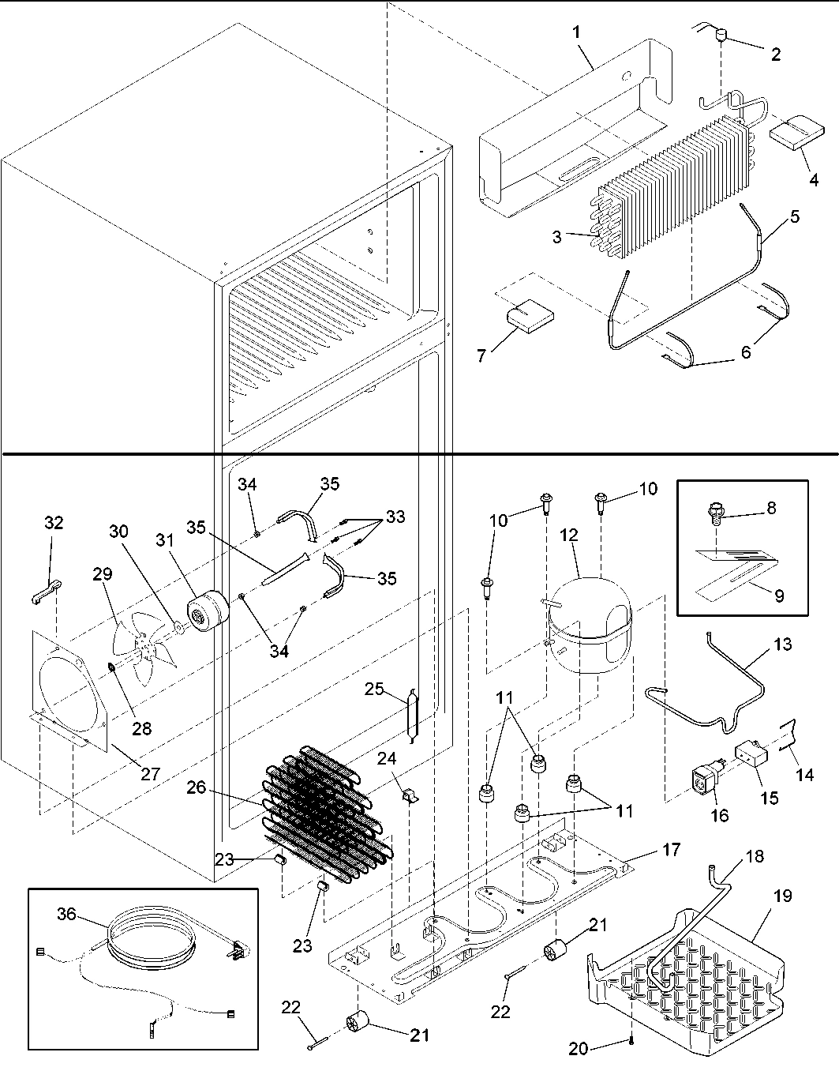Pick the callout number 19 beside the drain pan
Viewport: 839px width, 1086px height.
pyautogui.click(x=782, y=897)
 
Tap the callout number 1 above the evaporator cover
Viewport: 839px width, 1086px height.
pyautogui.click(x=576, y=32)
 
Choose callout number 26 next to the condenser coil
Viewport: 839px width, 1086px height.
pyautogui.click(x=197, y=787)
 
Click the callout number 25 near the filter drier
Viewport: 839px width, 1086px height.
pyautogui.click(x=373, y=690)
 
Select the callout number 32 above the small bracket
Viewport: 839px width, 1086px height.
pyautogui.click(x=54, y=523)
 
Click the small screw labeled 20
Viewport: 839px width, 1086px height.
pyautogui.click(x=631, y=1043)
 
